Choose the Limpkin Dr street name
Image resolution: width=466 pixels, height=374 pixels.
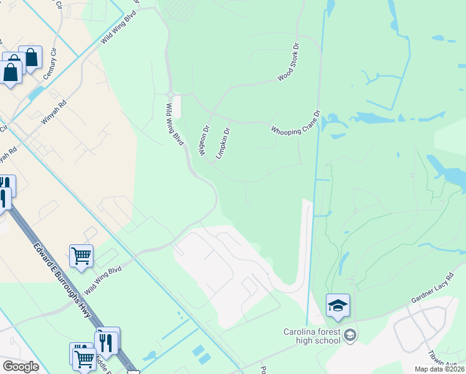click(222, 143)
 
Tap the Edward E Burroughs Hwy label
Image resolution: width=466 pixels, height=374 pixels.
click(62, 278)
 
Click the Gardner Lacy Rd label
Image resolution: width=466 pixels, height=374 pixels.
click(432, 289)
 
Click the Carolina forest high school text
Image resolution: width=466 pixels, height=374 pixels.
click(311, 336)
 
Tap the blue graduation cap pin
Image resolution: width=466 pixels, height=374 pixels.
click(338, 305)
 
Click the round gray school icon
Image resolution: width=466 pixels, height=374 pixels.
click(350, 335)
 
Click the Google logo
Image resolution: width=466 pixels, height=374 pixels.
click(21, 367)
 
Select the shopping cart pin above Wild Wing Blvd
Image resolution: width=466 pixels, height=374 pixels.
click(81, 256)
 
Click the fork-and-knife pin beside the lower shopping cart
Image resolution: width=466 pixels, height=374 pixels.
click(107, 342)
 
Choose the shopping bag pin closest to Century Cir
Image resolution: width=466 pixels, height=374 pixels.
click(30, 58)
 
